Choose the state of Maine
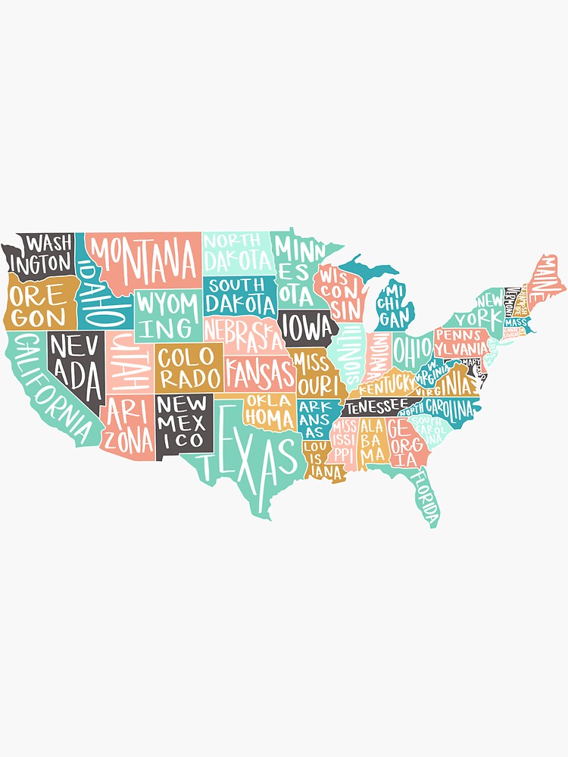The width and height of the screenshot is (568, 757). (x=547, y=276)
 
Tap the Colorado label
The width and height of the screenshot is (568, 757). (x=189, y=367)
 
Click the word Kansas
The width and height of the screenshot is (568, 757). (x=259, y=372)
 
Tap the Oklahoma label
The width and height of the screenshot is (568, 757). (x=270, y=410)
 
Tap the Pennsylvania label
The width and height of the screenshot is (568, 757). (x=461, y=342)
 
